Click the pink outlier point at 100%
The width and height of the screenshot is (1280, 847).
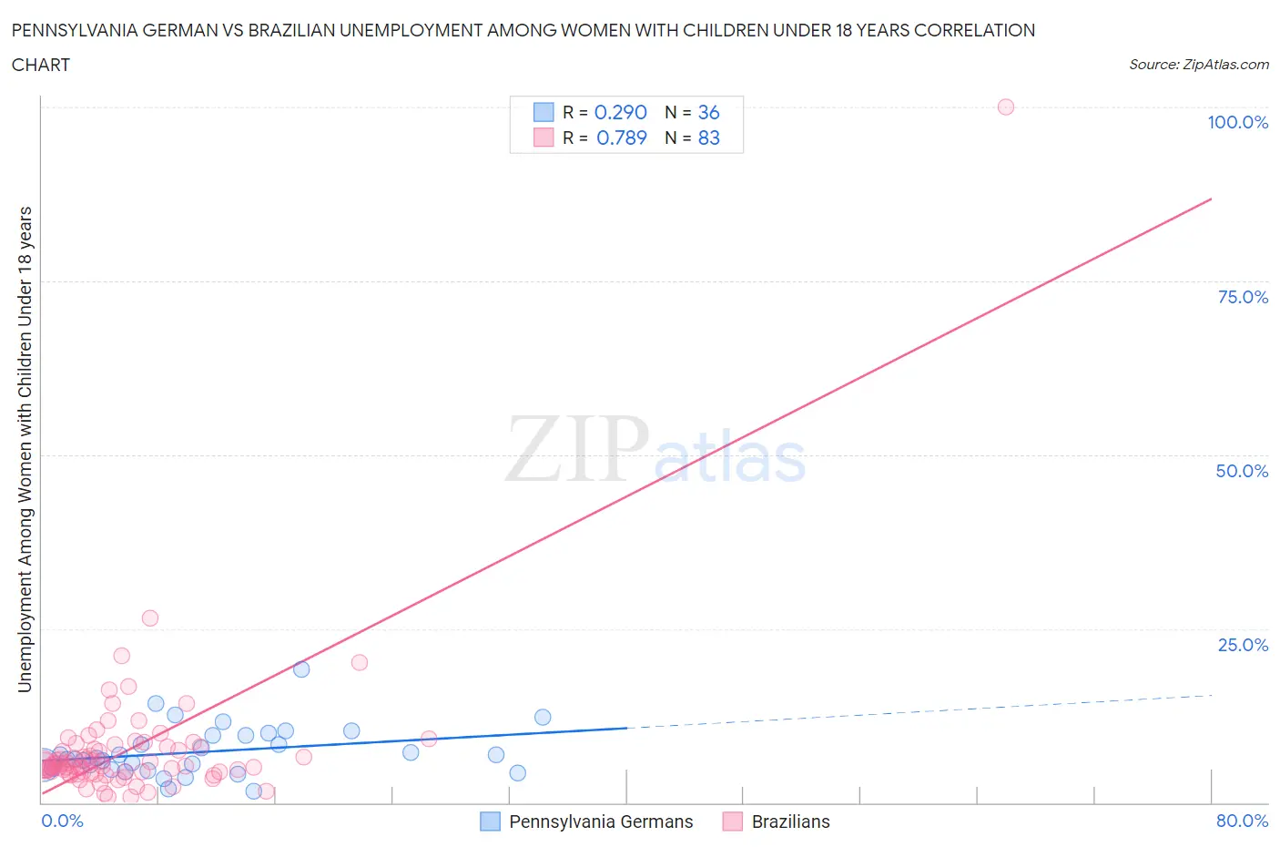coord(1005,107)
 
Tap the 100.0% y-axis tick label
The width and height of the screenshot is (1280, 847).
coord(1237,122)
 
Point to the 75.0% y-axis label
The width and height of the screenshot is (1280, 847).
coord(1243,297)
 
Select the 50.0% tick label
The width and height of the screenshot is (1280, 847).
coord(1242,471)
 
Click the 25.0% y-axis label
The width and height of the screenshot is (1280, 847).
coord(1243,645)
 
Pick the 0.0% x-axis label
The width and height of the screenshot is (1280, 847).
coord(62,821)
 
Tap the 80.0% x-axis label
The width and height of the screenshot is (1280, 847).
coord(1242,821)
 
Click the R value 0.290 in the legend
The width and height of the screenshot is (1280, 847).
coord(620,112)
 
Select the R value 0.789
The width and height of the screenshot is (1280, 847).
coord(621,138)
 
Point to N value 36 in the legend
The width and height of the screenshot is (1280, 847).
coord(708,112)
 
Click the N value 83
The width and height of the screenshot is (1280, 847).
coord(708,138)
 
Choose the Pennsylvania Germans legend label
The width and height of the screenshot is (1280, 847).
coord(601,821)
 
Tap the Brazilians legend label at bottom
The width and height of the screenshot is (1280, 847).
coord(790,821)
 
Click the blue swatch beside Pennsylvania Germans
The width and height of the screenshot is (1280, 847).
coord(490,821)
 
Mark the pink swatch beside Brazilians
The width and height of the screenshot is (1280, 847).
coord(732,821)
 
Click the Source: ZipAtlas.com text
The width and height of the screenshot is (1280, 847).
coord(1198,65)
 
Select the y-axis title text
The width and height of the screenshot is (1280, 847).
coord(25,449)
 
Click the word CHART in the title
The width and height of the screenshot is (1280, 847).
coord(41,65)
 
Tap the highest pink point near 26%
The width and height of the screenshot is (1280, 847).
coord(150,617)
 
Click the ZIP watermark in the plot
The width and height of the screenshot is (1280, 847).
coord(577,449)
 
